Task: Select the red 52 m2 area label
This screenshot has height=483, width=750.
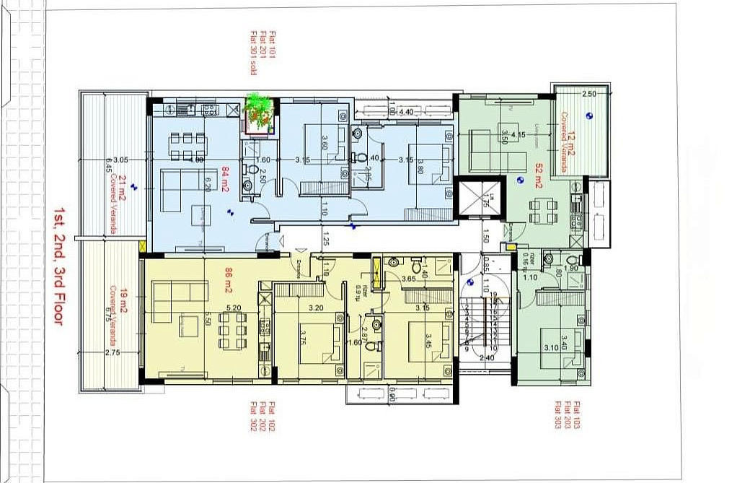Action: (538, 177)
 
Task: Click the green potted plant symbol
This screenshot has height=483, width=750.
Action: (260, 111)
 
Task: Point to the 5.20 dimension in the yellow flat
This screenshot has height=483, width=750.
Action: (233, 308)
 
